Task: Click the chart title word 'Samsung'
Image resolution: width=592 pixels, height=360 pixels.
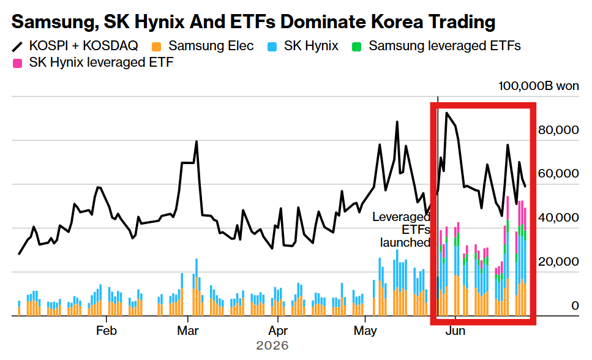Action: pos(53,22)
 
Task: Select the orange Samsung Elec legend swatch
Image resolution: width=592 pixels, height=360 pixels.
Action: pos(156,47)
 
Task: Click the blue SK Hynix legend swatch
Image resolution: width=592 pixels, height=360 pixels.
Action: pos(272,47)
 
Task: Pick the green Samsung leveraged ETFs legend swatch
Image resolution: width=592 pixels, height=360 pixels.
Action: pos(356,47)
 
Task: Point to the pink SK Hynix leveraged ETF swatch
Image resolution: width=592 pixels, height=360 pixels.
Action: pos(17,63)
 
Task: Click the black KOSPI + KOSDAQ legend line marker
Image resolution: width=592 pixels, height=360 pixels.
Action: pos(17,47)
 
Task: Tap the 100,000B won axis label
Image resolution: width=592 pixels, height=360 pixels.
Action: pos(538,86)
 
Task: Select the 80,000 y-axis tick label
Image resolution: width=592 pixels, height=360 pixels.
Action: pos(558,130)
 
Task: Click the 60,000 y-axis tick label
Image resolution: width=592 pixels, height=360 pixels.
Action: pos(558,173)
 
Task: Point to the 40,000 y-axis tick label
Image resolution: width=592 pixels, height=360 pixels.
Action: pos(558,217)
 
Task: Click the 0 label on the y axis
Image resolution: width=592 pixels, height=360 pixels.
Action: pos(575,306)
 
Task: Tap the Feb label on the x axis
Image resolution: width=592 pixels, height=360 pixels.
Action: pos(106,331)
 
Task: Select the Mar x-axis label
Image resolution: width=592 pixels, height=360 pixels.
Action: pos(188,331)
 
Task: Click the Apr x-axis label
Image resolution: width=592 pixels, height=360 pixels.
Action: pos(278,331)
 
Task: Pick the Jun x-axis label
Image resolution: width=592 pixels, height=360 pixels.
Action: pos(455,331)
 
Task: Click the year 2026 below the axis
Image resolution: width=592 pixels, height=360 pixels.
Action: pos(272,345)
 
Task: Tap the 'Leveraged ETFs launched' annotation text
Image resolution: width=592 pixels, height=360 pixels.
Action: pos(402,230)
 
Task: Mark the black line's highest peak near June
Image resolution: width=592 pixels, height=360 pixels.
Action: pos(447,113)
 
